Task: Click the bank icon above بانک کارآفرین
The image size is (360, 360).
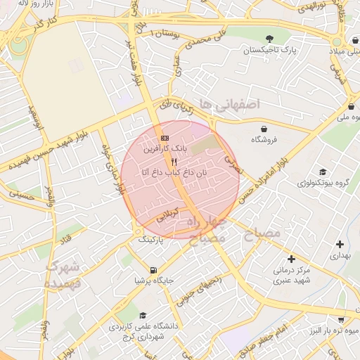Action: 165,138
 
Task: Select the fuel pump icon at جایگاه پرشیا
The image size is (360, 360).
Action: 153,270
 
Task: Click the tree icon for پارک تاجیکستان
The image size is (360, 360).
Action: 269,39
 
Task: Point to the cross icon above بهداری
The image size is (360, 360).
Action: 340,245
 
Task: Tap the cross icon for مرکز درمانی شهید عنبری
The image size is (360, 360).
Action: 291,259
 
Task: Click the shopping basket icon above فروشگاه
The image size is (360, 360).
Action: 264,129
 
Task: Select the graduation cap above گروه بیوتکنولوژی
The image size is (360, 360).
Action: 322,172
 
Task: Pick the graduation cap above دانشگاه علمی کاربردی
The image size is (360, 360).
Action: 143,316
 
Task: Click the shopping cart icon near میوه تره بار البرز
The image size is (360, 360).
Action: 341,319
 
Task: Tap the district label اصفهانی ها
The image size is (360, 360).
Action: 229,104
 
